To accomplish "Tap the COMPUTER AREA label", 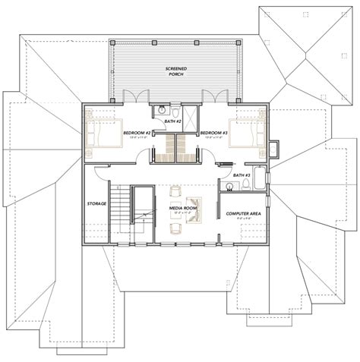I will (x=243, y=215).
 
